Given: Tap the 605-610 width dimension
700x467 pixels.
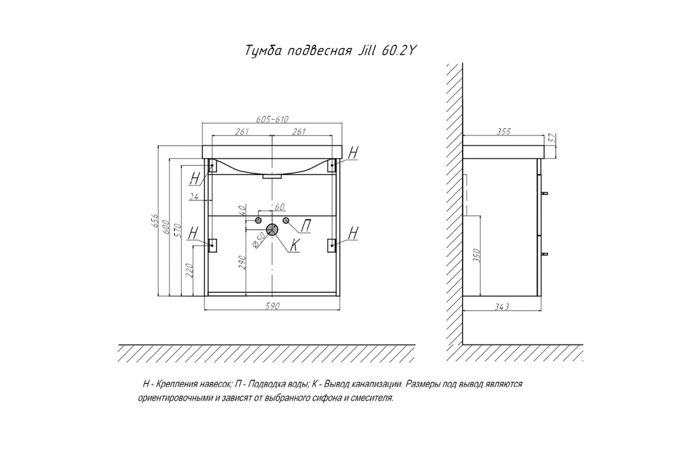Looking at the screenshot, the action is coord(272,119).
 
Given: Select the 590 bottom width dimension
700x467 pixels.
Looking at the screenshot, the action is coord(272,306).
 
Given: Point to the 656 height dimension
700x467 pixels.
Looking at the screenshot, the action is coord(155,221).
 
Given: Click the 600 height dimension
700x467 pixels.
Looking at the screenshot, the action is coord(166,226).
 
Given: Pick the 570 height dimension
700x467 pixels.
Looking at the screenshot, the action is coord(178,230).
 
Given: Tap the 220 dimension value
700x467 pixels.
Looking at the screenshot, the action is coord(190,270).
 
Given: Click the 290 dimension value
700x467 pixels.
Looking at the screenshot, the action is coord(243,262).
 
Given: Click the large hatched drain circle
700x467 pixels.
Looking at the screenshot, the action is coord(272,230).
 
